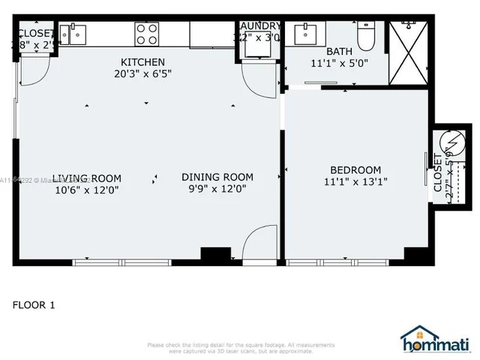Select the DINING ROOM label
tap(217, 177)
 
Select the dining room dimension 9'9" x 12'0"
tap(217, 189)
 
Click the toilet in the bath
tap(367, 34)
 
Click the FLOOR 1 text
tap(34, 305)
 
